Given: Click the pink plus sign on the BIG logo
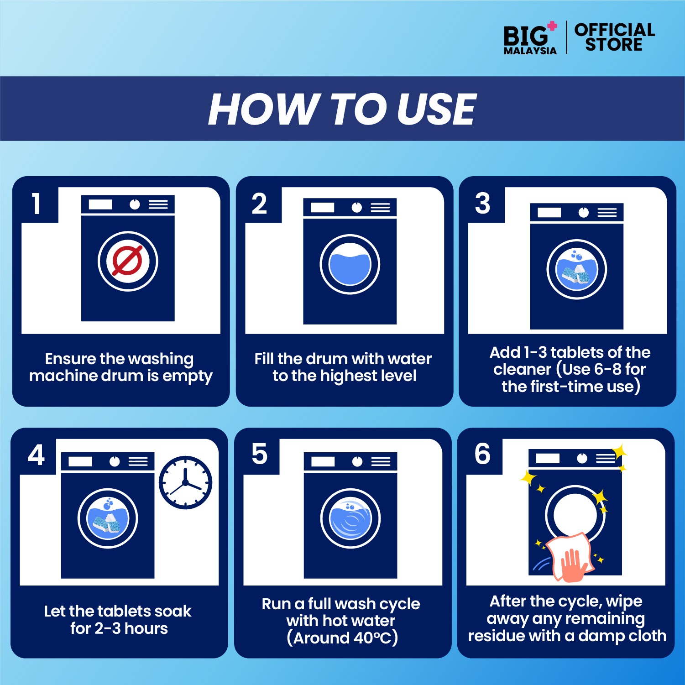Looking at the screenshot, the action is [x=552, y=26].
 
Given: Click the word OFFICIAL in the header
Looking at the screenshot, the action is [x=615, y=30].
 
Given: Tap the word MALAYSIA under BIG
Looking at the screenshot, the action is [x=530, y=51].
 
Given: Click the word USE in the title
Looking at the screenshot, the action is [x=436, y=109].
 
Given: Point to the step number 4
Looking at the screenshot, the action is [x=37, y=455].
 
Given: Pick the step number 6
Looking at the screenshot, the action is [x=482, y=454].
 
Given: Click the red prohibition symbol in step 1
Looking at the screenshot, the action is [x=128, y=261].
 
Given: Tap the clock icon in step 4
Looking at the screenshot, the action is [x=185, y=482].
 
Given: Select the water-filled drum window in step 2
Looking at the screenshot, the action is [x=350, y=265].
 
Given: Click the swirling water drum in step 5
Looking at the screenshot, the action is [x=350, y=518].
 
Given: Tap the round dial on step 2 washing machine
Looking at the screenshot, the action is [x=356, y=208].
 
